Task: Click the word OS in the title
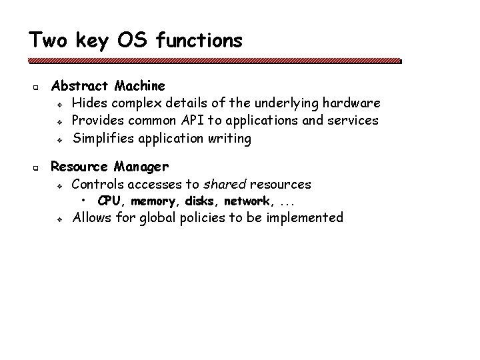coord(133,40)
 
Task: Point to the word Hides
coord(88,103)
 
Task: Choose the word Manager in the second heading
coord(141,166)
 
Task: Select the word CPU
coord(110,201)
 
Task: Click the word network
coord(246,201)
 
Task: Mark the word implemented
coord(305,217)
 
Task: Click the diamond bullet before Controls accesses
coord(60,185)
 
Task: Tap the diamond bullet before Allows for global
coord(60,219)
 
